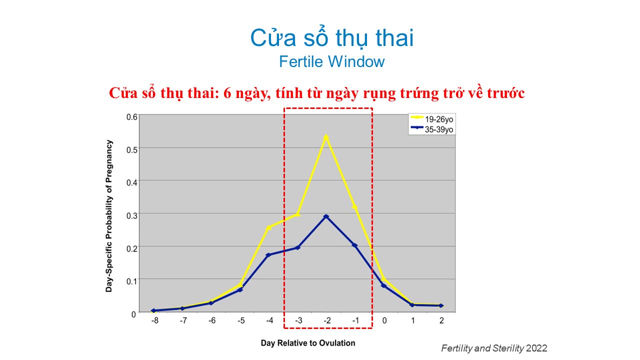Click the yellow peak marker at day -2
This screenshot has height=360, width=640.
click(x=326, y=137)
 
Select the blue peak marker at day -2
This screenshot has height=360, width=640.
click(x=326, y=216)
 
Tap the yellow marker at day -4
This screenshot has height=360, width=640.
click(x=268, y=227)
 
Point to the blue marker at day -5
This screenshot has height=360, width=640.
click(x=240, y=290)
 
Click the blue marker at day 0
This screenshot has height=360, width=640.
click(x=383, y=285)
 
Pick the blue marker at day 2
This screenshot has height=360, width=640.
click(x=441, y=305)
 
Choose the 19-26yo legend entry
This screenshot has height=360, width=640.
click(x=431, y=119)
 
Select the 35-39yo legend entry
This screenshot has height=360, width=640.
click(x=431, y=129)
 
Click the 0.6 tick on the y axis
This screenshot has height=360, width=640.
click(x=131, y=117)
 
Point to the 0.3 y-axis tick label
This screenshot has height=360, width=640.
click(x=131, y=215)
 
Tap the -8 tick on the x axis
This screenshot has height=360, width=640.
click(x=154, y=320)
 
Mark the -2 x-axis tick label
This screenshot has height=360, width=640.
click(x=327, y=320)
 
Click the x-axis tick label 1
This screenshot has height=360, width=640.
click(x=412, y=320)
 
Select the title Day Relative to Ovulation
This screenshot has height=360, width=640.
click(x=307, y=343)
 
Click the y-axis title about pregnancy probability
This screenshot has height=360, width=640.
click(x=109, y=216)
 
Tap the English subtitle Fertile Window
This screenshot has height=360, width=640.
click(x=331, y=61)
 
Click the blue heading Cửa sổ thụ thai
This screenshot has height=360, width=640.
click(x=331, y=37)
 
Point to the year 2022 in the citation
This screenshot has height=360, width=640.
click(x=536, y=348)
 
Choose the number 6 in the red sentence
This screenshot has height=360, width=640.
click(x=227, y=93)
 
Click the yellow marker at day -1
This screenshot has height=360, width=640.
click(x=354, y=206)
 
